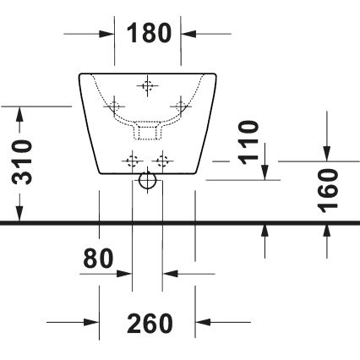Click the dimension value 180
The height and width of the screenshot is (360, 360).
click(149, 34)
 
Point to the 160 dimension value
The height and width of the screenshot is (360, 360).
click(329, 190)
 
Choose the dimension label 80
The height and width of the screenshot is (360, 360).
click(98, 259)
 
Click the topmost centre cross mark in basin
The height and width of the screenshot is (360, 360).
click(148, 85)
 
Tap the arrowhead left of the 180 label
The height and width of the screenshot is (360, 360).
click(107, 34)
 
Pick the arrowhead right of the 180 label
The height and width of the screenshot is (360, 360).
click(189, 34)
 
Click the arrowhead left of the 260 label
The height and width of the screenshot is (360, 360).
click(92, 322)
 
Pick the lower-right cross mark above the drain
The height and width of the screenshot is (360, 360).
click(163, 158)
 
